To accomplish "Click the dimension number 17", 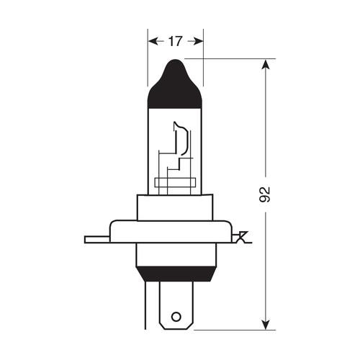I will tap(175, 41).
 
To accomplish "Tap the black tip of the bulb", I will tap(175, 83).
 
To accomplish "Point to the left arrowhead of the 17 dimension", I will tap(153, 41).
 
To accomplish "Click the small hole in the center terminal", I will tap(175, 316).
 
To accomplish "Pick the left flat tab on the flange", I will tap(95, 238).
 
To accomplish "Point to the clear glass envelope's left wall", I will tap(149, 151).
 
